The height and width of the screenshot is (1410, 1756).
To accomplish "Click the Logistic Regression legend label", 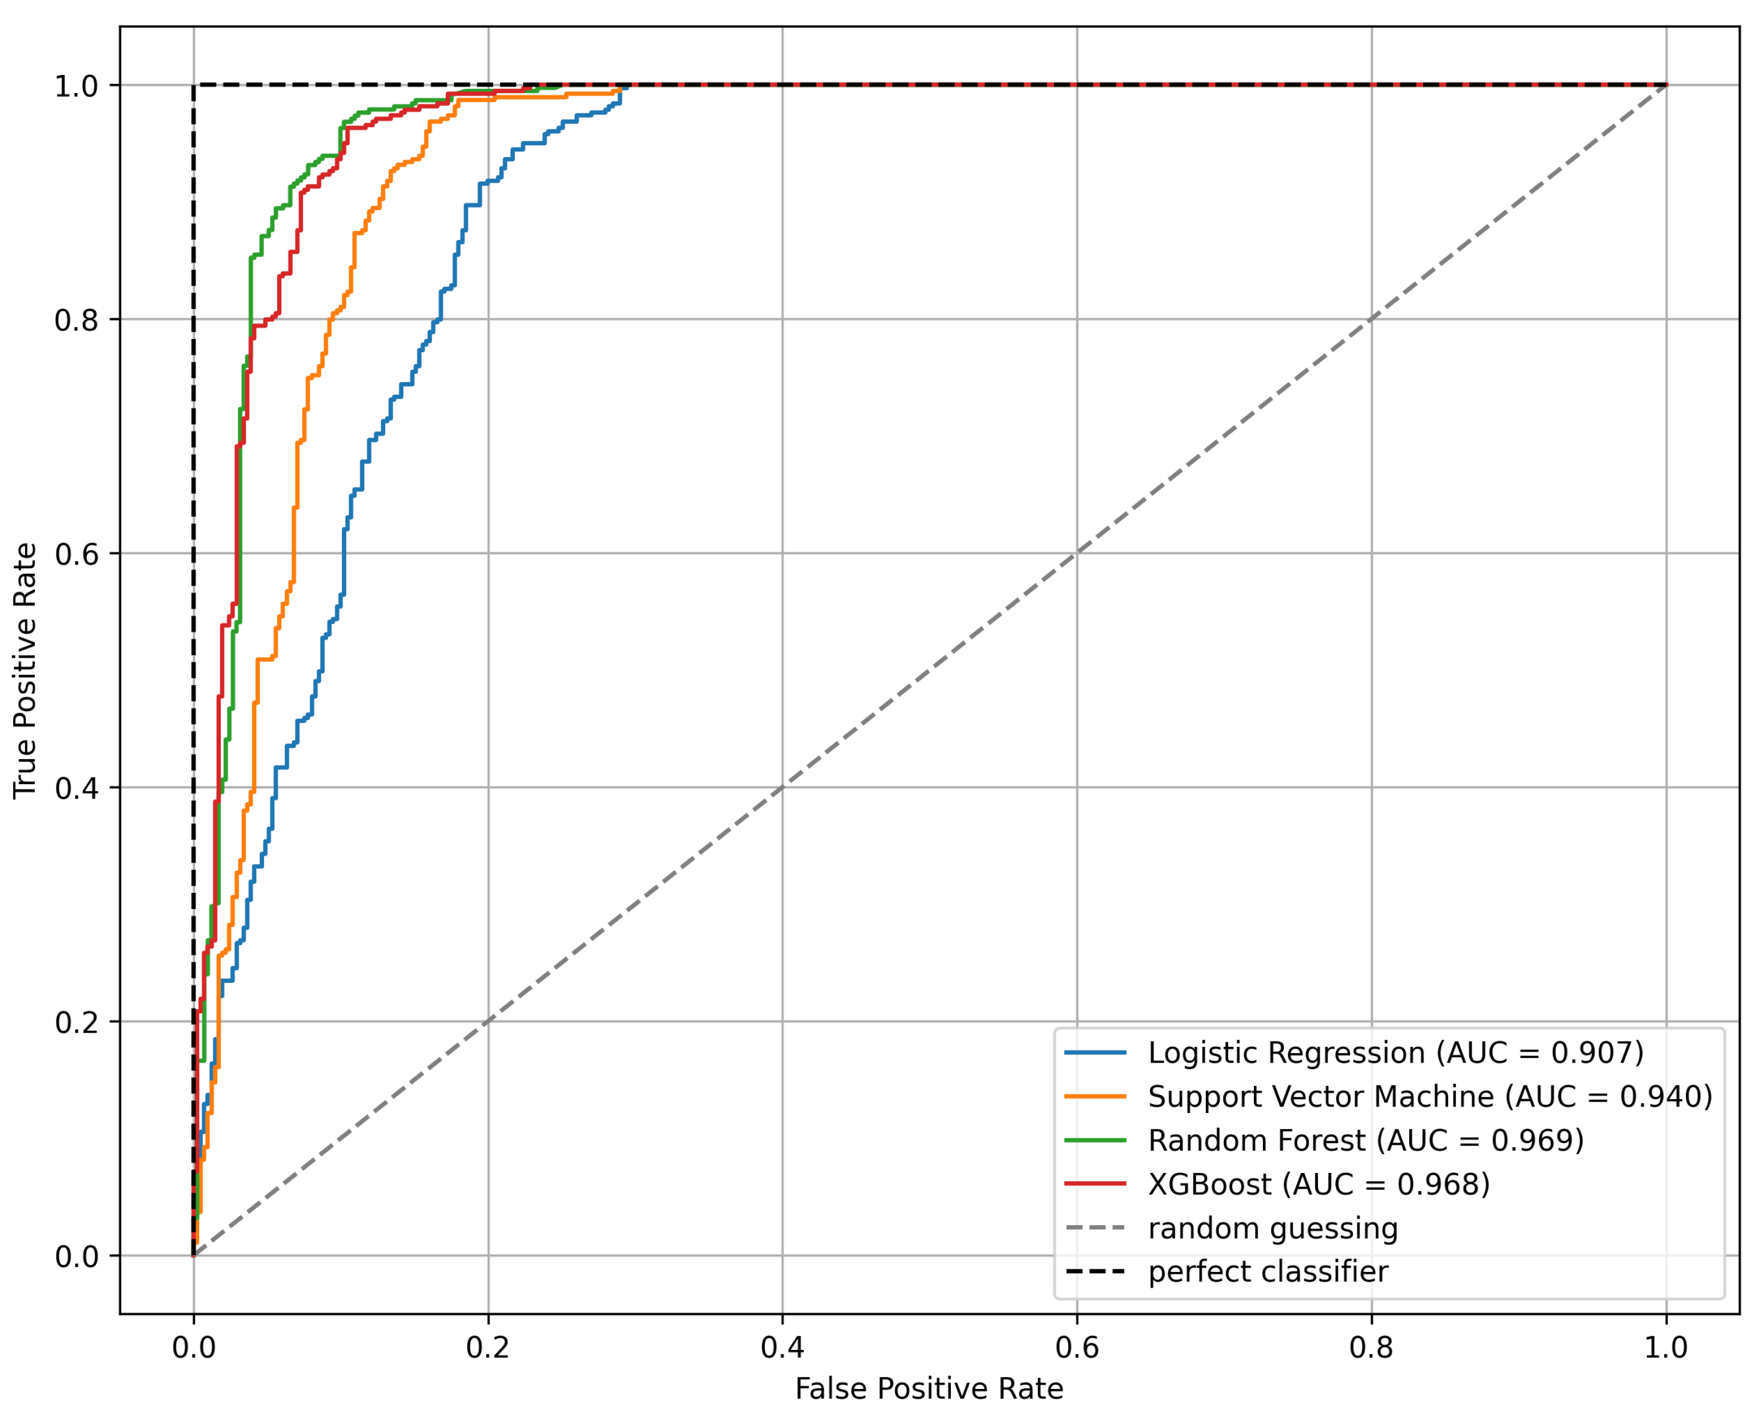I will pyautogui.click(x=1395, y=1052).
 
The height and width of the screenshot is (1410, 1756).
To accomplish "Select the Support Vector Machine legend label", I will pyautogui.click(x=1430, y=1096).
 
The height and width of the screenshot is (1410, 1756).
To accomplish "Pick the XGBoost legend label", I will pyautogui.click(x=1319, y=1184).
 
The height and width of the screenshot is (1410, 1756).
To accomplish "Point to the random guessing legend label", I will pyautogui.click(x=1273, y=1228).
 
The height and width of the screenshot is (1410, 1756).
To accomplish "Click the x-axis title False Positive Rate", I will pyautogui.click(x=929, y=1388).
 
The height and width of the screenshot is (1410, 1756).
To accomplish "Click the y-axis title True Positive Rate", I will pyautogui.click(x=25, y=670).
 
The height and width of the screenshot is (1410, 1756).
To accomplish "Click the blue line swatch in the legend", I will pyautogui.click(x=1095, y=1052).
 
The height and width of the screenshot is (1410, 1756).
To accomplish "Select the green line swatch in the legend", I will pyautogui.click(x=1095, y=1141).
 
